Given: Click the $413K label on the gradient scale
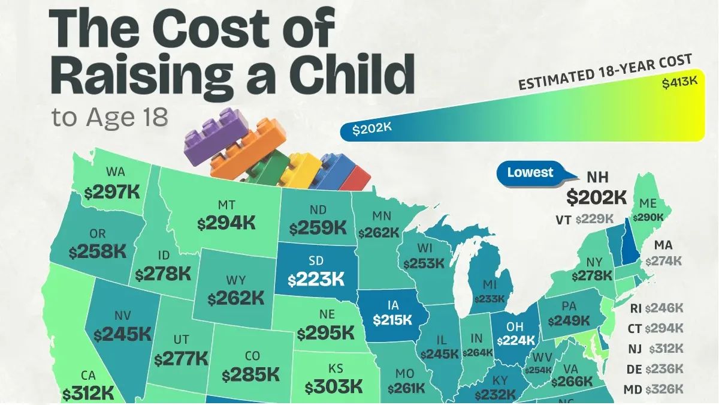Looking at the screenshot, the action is tap(680, 82).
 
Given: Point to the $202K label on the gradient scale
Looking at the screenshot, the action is tap(371, 128).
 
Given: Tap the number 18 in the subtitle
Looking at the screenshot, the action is tap(155, 117).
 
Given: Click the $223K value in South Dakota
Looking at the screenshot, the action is tap(316, 280).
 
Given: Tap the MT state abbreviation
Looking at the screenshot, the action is tap(226, 205).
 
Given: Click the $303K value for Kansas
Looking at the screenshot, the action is tap(334, 386).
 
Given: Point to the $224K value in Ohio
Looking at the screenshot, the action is tap(516, 340).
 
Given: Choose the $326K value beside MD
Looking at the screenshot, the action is tap(664, 389).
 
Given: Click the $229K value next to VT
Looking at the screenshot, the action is tap(594, 219).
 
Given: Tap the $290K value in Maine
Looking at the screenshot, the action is tap(648, 218).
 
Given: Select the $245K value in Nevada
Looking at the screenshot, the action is tap(122, 334).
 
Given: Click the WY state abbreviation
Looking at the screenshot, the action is tap(235, 280).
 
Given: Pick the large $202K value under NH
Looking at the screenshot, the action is tap(596, 197).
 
